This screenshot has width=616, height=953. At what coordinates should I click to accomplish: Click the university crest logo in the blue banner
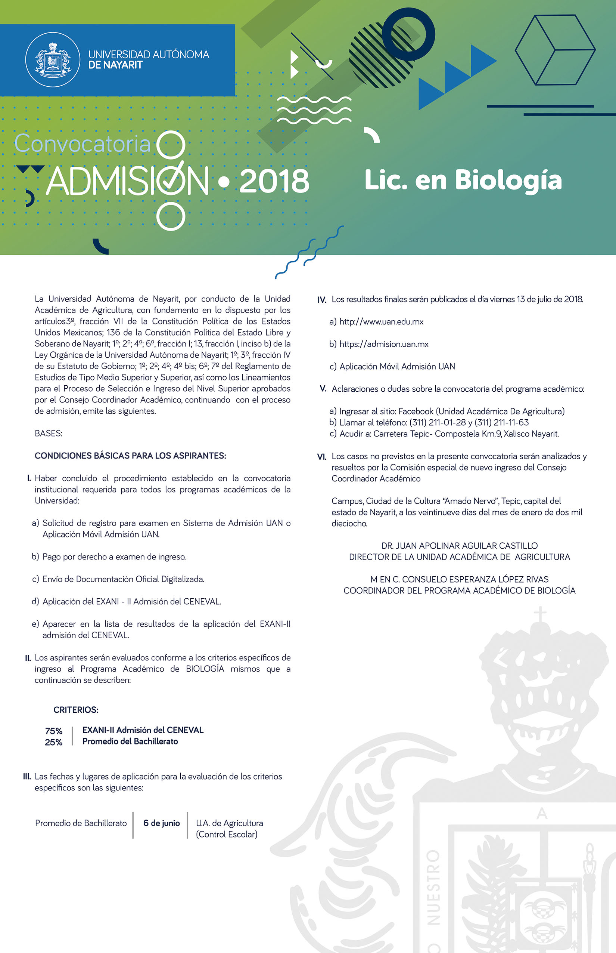point(53,60)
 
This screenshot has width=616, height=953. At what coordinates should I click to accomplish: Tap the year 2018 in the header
point(274,181)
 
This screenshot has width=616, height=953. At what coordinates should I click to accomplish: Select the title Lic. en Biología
point(463,180)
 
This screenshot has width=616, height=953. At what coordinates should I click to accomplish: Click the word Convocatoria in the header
point(83,144)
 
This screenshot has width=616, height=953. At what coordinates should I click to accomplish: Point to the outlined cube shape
point(555,50)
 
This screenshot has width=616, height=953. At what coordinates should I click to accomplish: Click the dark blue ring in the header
point(409,34)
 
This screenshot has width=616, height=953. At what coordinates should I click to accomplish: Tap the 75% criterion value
point(54,731)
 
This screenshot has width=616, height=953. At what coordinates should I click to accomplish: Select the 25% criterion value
point(54,742)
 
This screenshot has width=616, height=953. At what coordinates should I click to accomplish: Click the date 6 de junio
point(162,823)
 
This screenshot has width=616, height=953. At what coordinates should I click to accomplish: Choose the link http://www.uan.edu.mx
point(381,321)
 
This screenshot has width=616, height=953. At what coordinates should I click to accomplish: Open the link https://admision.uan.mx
point(384,344)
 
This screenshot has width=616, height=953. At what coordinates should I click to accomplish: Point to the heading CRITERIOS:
point(76,710)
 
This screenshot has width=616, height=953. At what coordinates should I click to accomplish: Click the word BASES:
point(49,433)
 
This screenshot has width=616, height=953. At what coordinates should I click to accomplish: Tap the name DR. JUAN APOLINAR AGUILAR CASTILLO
point(459,545)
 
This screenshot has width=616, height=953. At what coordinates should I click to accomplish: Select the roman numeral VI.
point(321,457)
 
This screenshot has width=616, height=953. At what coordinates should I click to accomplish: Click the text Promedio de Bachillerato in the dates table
point(81,823)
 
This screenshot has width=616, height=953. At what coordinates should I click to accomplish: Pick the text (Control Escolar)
point(226,834)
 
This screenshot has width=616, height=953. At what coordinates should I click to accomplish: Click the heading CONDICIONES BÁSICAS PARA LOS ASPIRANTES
point(130,456)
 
